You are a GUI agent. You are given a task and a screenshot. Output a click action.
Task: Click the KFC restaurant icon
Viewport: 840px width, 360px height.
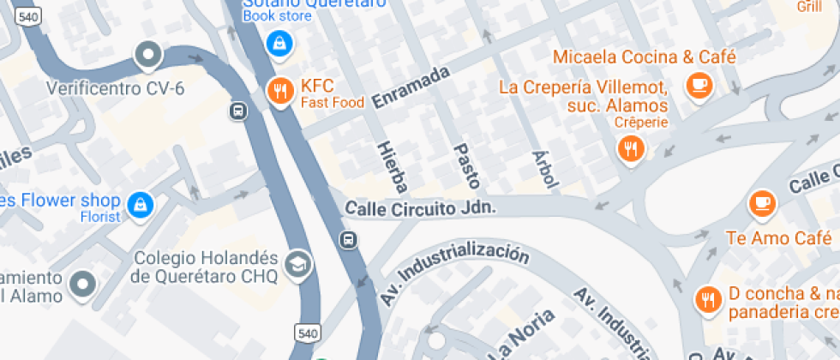click(279, 90)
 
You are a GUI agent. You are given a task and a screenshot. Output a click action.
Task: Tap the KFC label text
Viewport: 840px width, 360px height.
click(316, 87)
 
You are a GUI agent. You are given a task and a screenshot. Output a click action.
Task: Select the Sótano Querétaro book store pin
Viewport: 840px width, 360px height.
click(279, 42)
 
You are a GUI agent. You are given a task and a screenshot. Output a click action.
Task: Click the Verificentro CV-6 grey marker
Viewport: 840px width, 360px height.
click(149, 56)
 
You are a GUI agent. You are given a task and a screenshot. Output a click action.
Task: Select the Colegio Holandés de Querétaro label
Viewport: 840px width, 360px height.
click(205, 267)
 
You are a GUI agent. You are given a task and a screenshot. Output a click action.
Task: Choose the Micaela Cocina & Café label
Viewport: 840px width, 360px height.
click(644, 57)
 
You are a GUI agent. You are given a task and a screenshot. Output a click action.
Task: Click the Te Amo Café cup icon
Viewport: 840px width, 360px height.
click(760, 203)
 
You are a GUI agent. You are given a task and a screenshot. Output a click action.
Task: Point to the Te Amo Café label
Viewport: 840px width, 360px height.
click(768, 237)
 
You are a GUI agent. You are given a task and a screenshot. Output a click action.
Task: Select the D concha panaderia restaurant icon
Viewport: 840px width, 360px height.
click(707, 299)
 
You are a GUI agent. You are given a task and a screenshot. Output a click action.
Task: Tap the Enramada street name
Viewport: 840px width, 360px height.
click(411, 87)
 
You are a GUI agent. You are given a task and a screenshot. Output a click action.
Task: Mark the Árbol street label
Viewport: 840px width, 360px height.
click(545, 168)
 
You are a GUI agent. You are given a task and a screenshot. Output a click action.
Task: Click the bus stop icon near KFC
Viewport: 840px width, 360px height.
click(237, 111)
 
